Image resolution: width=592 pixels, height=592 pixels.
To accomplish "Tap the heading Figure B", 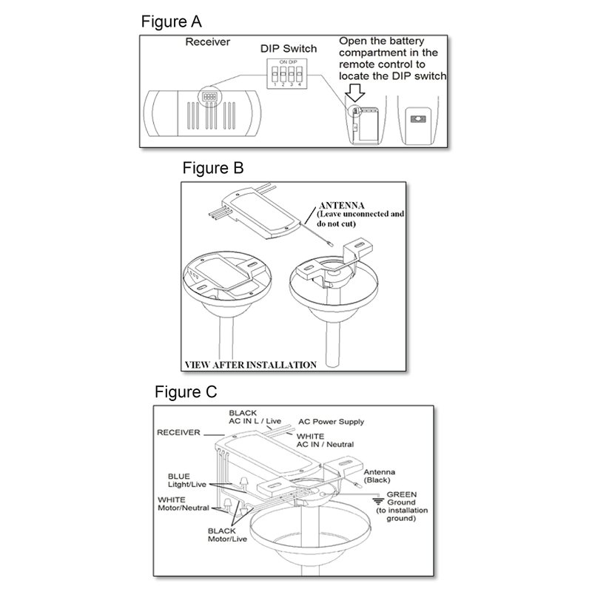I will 212,168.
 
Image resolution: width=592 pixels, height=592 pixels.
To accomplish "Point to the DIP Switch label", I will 289,49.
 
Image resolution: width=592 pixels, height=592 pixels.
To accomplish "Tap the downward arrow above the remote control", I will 356,92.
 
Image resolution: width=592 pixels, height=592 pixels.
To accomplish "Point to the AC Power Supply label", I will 331,422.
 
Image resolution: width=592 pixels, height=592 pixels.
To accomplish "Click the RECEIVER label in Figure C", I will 178,431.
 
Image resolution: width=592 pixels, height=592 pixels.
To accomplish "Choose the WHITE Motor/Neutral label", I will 182,505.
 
